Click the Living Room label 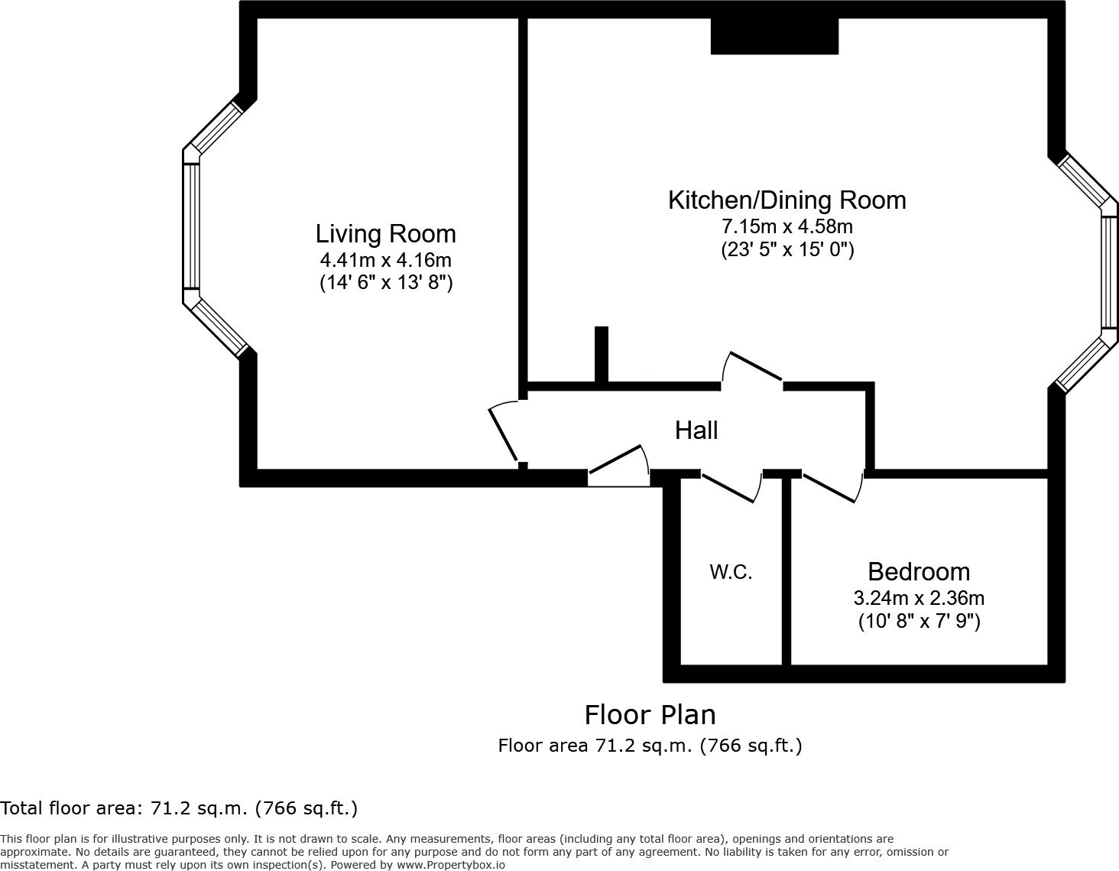(x=385, y=233)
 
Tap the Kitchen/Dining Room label (x=787, y=200)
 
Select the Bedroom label (x=919, y=571)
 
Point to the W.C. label (x=731, y=571)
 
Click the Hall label (x=696, y=431)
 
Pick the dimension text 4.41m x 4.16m (x=385, y=259)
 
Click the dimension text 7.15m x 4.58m (x=787, y=226)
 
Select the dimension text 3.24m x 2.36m (x=919, y=597)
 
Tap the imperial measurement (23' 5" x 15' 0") (x=787, y=250)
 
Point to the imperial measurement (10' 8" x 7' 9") (x=919, y=621)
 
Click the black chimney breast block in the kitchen (x=774, y=36)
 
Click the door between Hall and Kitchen (x=754, y=366)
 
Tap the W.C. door (x=731, y=488)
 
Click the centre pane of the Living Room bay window (x=190, y=226)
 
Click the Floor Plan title (x=650, y=714)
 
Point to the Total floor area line (x=179, y=808)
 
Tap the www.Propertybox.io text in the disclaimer (x=450, y=865)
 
